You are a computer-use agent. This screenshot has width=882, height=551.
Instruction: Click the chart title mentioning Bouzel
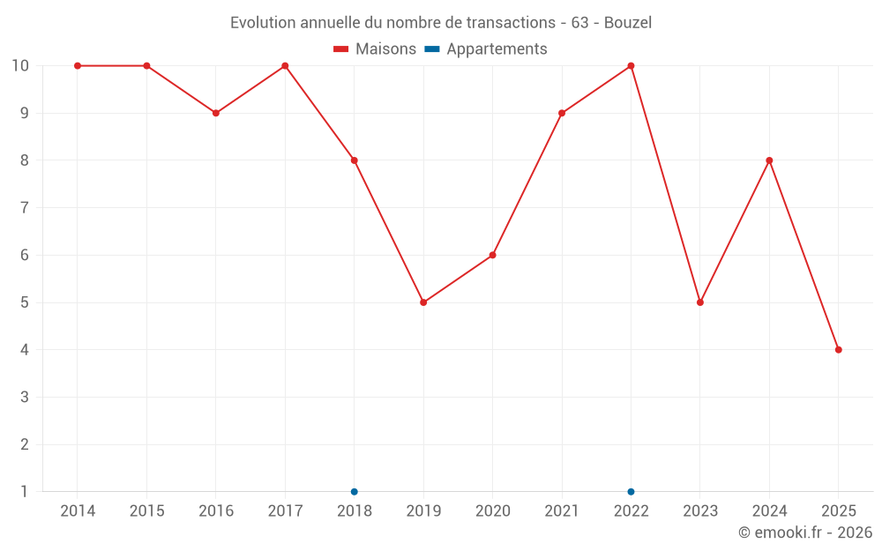point(441,23)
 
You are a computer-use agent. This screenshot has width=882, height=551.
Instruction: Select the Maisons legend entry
point(375,49)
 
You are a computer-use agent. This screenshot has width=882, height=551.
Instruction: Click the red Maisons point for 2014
point(78,66)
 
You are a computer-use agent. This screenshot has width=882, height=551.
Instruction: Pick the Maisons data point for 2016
point(216,113)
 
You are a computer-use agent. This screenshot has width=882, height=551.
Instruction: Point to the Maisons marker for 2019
point(423,302)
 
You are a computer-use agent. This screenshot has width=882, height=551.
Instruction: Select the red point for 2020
point(492,255)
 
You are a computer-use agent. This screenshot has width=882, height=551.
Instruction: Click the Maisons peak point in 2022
point(631,66)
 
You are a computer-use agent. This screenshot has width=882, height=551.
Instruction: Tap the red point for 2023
point(700,302)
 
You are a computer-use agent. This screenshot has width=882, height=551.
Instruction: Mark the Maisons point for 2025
point(838,350)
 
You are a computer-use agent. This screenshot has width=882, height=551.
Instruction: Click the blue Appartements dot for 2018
point(355,491)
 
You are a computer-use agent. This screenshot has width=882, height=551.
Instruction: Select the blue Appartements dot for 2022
point(631,491)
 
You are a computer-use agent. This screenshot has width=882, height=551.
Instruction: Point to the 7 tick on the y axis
point(24,208)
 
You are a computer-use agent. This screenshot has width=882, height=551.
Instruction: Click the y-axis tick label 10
point(20,66)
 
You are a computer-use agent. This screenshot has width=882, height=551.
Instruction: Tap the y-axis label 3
point(24,398)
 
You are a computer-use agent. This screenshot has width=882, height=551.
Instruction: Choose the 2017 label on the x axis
point(285,511)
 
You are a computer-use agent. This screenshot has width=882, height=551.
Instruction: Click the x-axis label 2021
point(562,511)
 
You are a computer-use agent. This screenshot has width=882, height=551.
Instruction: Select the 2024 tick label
point(769,511)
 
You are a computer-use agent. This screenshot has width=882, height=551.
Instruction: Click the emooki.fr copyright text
point(804,532)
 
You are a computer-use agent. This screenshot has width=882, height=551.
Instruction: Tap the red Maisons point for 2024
point(769,160)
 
